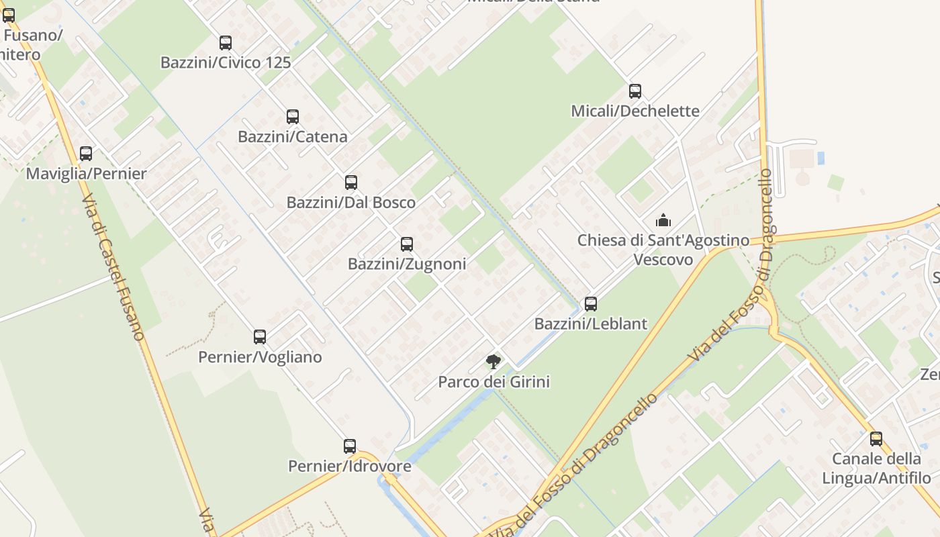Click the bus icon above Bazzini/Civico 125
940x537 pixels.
[x=226, y=43]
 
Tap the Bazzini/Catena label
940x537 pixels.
[x=293, y=137]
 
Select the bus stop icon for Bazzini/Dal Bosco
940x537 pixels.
[x=350, y=183]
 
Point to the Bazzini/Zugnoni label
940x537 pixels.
[x=407, y=264]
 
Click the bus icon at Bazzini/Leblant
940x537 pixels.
[x=591, y=304]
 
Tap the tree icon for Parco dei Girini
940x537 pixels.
[x=493, y=362]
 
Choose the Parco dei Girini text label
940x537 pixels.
[x=493, y=382]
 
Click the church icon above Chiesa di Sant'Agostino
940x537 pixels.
[x=663, y=220]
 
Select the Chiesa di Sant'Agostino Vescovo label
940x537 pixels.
[x=663, y=249]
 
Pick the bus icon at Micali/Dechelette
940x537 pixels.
[x=634, y=91]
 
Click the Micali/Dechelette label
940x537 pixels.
[x=635, y=111]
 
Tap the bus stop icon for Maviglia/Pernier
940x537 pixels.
[x=86, y=154]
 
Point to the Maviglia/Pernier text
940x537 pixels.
[x=86, y=174]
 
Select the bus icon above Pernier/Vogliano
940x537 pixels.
[x=260, y=337]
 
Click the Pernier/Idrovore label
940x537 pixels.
[x=349, y=466]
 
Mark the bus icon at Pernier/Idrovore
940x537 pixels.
[x=350, y=446]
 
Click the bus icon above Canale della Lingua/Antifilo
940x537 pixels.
[x=876, y=439]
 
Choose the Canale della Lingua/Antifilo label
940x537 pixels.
[x=876, y=469]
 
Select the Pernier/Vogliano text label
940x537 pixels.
[x=260, y=357]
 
